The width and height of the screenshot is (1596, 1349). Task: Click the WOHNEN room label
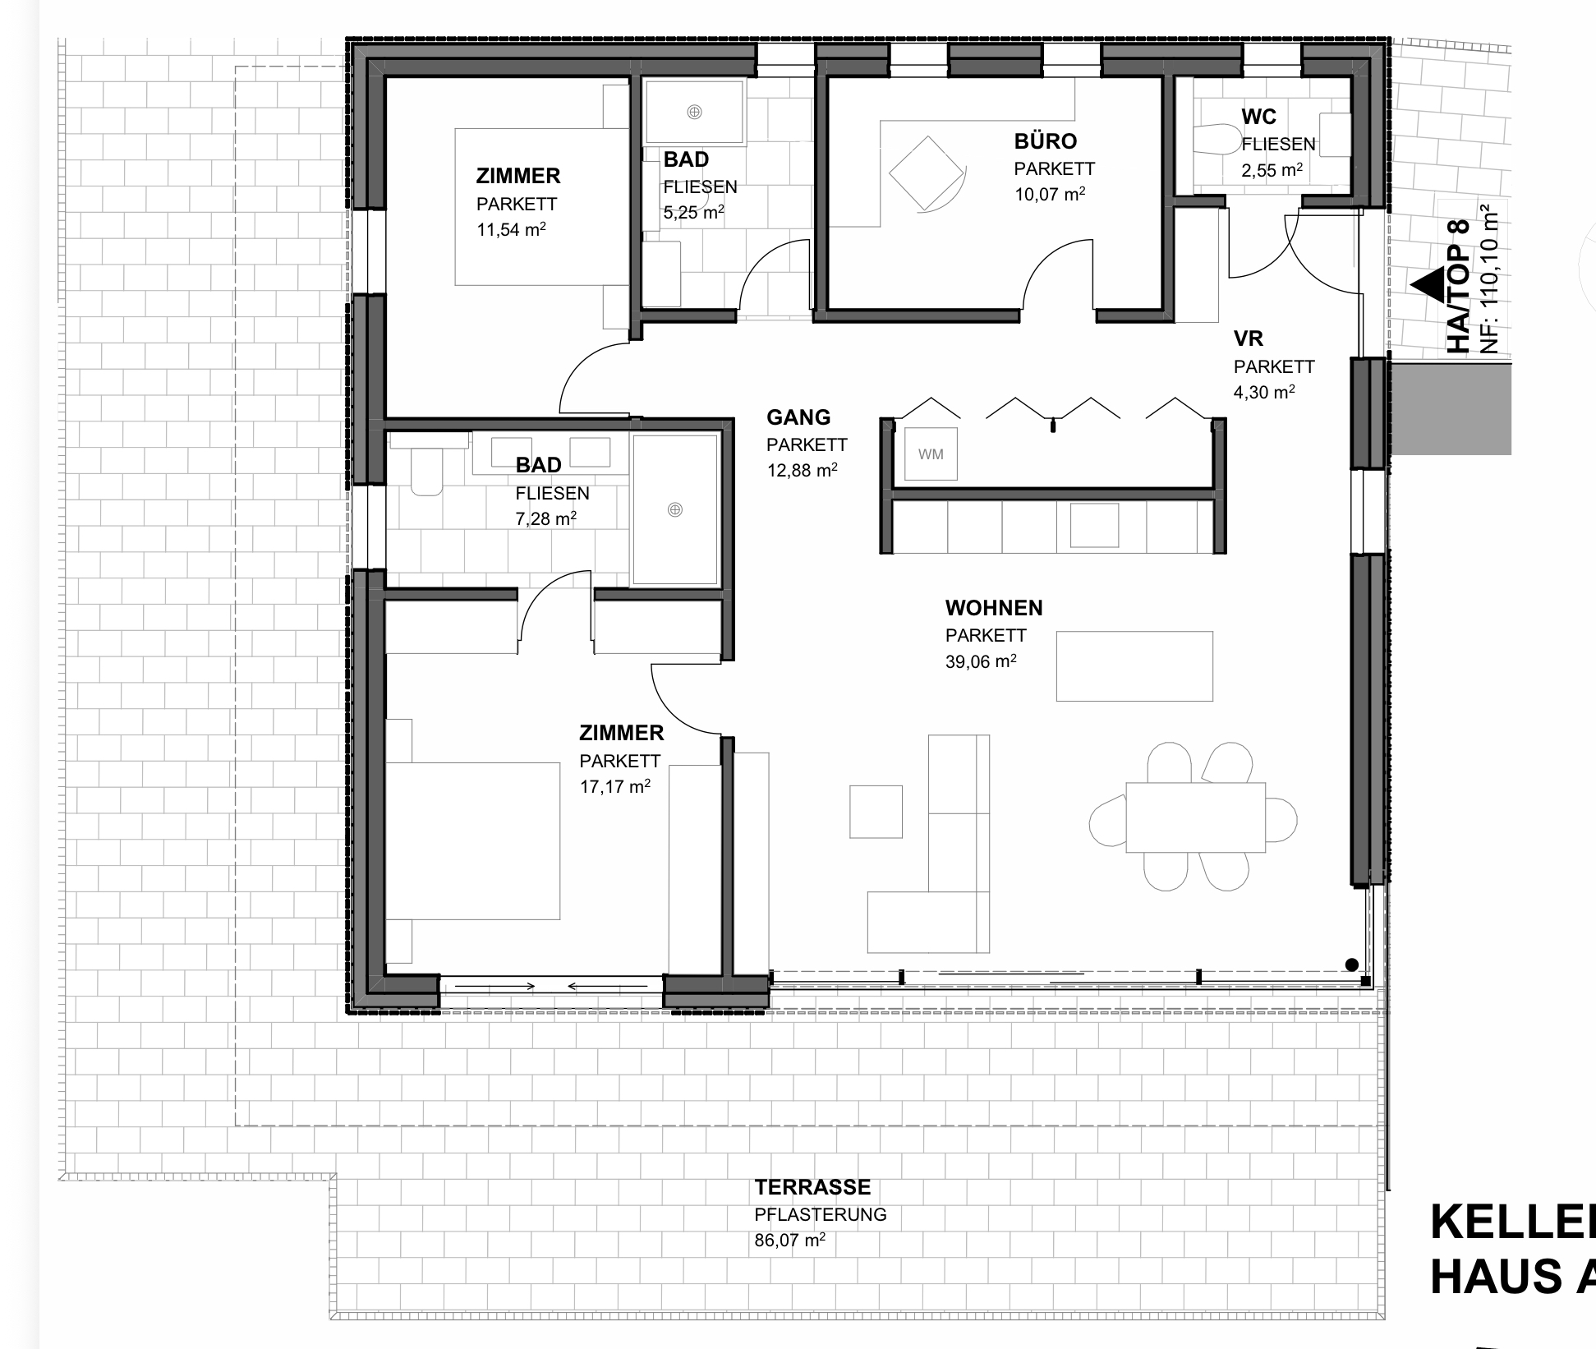[994, 608]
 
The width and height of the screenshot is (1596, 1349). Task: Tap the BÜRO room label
[1046, 141]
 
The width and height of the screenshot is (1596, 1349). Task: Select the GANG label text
[798, 417]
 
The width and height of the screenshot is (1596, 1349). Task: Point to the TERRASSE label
[812, 1187]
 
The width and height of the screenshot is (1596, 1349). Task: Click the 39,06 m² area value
[981, 661]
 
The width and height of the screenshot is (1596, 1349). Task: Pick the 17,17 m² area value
[615, 786]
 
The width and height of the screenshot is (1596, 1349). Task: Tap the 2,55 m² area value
[1272, 171]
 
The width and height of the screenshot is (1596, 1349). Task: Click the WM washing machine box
[931, 454]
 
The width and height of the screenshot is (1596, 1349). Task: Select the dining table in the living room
[1196, 817]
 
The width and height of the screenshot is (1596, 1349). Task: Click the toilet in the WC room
[1218, 140]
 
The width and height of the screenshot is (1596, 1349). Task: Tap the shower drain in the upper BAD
[694, 112]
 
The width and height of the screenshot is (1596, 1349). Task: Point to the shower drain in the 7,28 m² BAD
[675, 510]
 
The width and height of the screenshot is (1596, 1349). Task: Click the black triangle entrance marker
[1428, 284]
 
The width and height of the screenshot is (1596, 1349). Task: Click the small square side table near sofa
[876, 812]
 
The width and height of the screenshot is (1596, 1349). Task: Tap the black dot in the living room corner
[1351, 965]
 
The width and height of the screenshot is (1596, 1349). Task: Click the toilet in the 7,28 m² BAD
[426, 475]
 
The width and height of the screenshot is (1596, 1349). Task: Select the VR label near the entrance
[1249, 338]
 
